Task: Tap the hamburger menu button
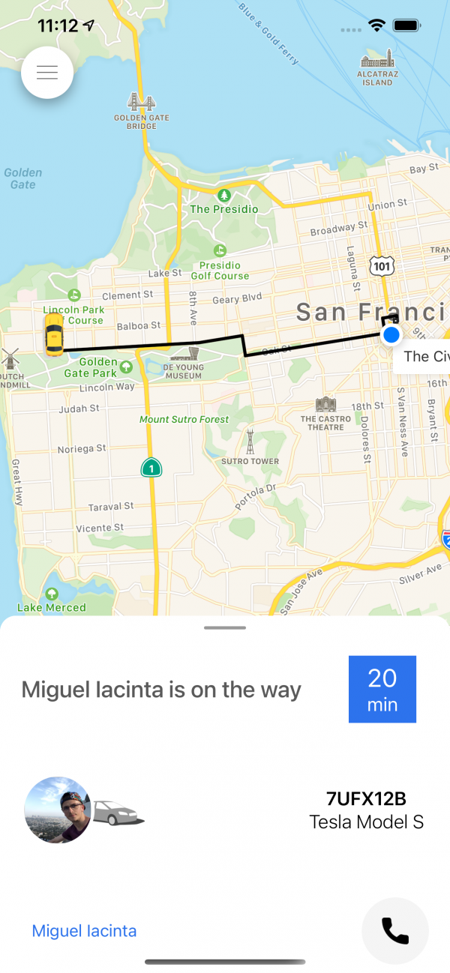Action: [47, 73]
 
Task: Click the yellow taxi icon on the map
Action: [53, 334]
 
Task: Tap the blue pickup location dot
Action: [391, 335]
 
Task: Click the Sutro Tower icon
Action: [250, 442]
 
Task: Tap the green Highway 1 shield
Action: [151, 467]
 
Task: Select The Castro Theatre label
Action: [326, 424]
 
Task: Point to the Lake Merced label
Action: [52, 607]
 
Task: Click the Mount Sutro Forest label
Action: [184, 420]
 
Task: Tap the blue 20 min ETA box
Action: [382, 689]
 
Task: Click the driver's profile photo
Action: [58, 810]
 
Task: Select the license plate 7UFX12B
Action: [366, 798]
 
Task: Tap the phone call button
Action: [395, 931]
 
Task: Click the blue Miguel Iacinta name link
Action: [84, 931]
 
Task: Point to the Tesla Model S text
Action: [366, 822]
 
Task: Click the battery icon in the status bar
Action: [406, 25]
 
